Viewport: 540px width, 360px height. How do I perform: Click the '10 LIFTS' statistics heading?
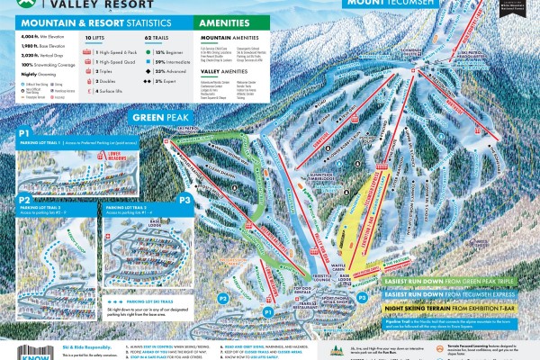click(95, 38)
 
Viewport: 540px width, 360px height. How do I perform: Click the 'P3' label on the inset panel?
click(185, 200)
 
